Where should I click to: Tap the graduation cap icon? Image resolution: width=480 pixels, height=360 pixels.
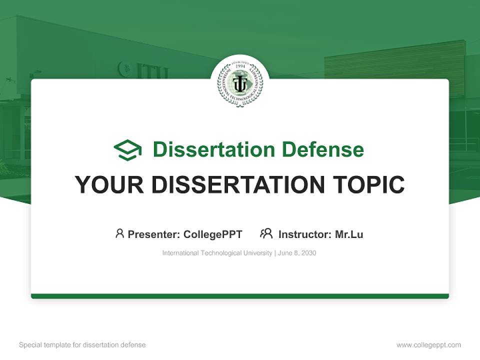(x=127, y=149)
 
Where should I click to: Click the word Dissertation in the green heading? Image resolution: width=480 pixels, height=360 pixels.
(x=213, y=149)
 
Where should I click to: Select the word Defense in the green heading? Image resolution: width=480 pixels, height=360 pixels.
(x=322, y=149)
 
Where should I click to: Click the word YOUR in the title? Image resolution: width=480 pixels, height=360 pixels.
(x=109, y=185)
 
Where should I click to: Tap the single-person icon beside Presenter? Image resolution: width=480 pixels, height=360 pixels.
(x=119, y=233)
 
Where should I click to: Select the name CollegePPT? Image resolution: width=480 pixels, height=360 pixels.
(x=213, y=234)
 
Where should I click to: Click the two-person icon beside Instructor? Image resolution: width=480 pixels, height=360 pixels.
(x=266, y=233)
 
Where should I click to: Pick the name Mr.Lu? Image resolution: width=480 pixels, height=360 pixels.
(x=349, y=234)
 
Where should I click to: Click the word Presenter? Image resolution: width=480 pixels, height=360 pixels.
(x=154, y=234)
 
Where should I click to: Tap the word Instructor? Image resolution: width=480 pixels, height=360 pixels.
(x=305, y=234)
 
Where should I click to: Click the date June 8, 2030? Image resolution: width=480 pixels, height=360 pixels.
(x=297, y=253)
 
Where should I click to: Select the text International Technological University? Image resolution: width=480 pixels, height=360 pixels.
(x=217, y=253)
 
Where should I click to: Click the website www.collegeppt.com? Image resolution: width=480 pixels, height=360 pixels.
(x=428, y=345)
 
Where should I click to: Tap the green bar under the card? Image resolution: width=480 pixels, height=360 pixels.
(x=240, y=296)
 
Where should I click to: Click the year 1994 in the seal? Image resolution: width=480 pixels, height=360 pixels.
(x=240, y=66)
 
